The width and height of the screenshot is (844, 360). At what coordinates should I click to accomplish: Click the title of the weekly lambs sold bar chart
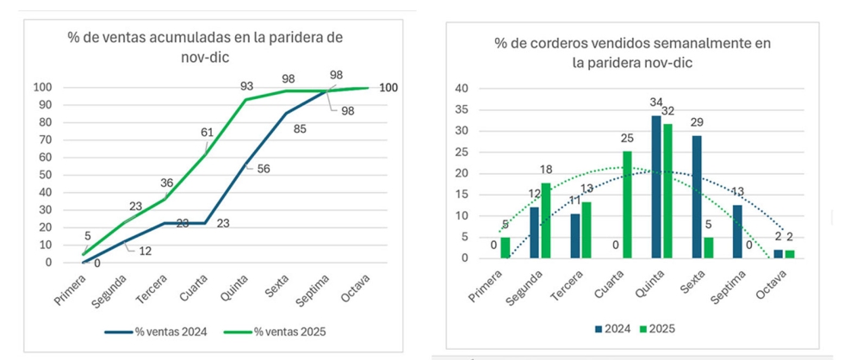point(632,53)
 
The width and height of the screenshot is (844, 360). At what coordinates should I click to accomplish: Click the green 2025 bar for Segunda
point(545,220)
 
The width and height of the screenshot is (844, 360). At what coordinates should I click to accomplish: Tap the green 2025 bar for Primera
point(505,247)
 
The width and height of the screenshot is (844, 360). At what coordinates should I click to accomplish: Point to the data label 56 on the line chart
point(264,169)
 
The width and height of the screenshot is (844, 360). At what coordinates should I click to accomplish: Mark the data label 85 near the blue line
point(299,131)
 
